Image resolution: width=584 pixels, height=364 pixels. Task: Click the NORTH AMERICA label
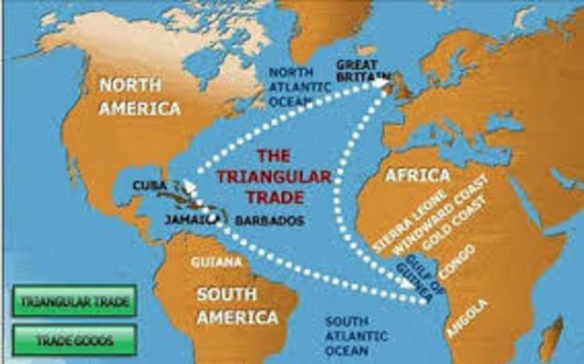(140, 97)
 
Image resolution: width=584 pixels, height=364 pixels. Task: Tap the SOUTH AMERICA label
(236, 306)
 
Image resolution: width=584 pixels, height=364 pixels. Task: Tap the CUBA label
(149, 185)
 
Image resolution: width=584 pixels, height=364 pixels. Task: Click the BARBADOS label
(269, 221)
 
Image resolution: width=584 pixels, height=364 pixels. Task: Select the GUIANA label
(216, 262)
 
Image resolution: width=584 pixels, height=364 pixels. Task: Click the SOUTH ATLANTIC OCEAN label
(359, 335)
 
